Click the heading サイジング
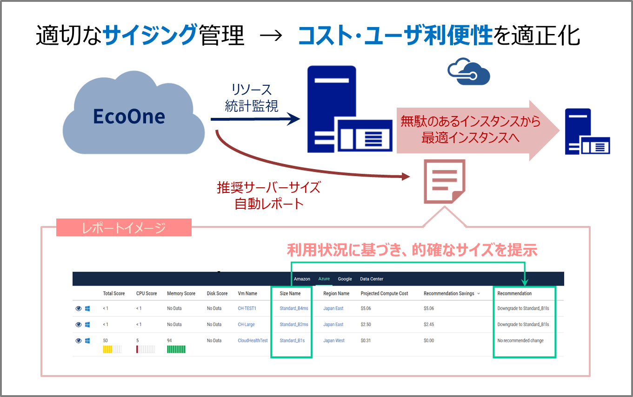coord(149,35)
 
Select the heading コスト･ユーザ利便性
coord(395,35)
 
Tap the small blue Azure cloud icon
coord(469,72)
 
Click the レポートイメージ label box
coord(124,228)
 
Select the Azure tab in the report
coord(324,279)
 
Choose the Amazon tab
coord(302,279)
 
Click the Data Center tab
coord(372,279)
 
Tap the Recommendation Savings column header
coord(449,294)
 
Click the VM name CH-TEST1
coord(247,308)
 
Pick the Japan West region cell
coord(334,341)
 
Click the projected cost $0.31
coord(366,341)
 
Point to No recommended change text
coord(520,341)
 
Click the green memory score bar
coord(176,349)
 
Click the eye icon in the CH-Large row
coord(79,324)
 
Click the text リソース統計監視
coord(251,98)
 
